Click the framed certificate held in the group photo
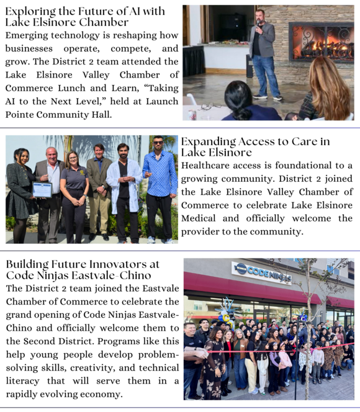point(42,189)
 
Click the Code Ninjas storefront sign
point(261,271)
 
